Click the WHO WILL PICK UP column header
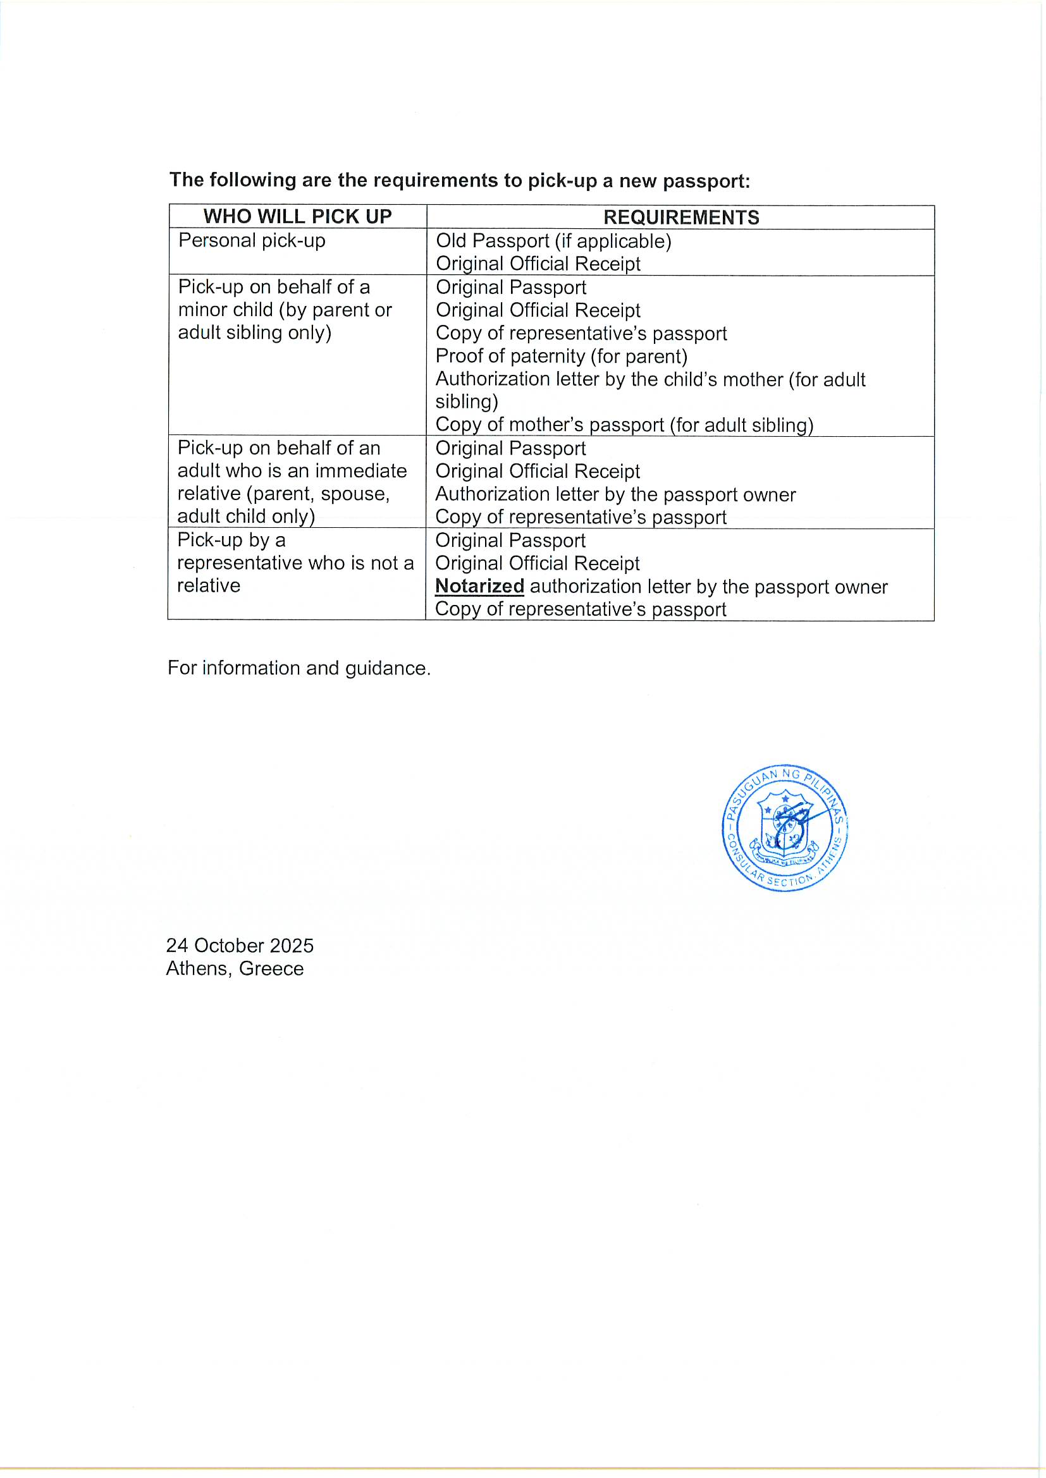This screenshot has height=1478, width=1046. click(x=298, y=217)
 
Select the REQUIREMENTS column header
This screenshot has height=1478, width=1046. click(x=681, y=217)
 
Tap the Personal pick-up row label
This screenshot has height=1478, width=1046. click(x=252, y=241)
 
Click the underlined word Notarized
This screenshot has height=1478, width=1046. click(x=479, y=587)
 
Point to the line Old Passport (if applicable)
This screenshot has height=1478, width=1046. click(x=553, y=241)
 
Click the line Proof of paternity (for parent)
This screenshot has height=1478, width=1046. click(x=561, y=356)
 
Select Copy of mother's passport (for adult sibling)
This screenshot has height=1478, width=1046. click(x=624, y=425)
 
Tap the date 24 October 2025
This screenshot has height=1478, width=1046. click(x=240, y=945)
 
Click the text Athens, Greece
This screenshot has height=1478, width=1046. click(x=235, y=968)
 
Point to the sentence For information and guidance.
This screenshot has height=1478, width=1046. click(x=299, y=668)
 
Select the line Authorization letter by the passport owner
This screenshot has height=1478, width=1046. click(x=615, y=494)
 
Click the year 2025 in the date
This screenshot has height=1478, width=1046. click(x=292, y=945)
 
